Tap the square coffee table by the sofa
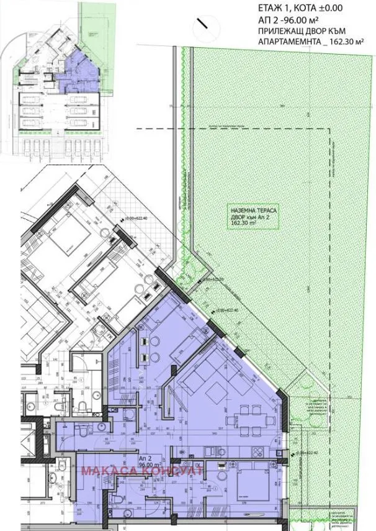[x=215, y=391]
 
